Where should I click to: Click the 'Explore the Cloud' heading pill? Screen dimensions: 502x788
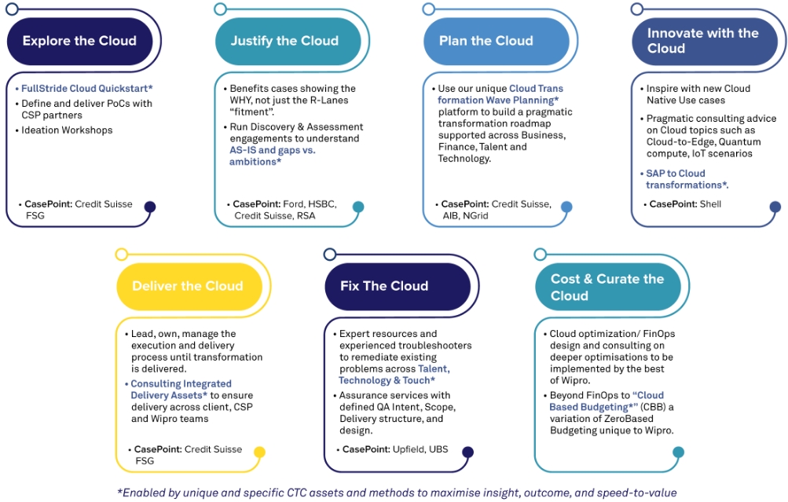79,41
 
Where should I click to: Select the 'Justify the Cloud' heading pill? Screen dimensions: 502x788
284,41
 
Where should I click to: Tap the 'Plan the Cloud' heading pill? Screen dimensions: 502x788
486,41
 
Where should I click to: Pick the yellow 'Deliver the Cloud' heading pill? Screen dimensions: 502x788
187,286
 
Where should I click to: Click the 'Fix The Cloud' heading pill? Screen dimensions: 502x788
384,286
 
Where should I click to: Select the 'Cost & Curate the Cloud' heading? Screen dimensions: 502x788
607,287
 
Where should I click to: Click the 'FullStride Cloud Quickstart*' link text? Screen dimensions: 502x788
87,88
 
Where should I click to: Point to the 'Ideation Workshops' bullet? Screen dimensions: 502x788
67,130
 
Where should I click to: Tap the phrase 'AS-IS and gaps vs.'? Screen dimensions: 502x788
267,150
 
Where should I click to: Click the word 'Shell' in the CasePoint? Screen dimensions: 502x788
710,204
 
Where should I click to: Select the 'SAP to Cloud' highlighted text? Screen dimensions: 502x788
676,174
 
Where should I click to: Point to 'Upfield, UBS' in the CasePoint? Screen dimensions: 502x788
427,449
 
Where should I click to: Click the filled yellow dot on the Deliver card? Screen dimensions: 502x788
259,453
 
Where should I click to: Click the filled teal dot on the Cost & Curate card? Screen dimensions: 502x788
678,453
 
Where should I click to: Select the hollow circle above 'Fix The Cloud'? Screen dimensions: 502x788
330,254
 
